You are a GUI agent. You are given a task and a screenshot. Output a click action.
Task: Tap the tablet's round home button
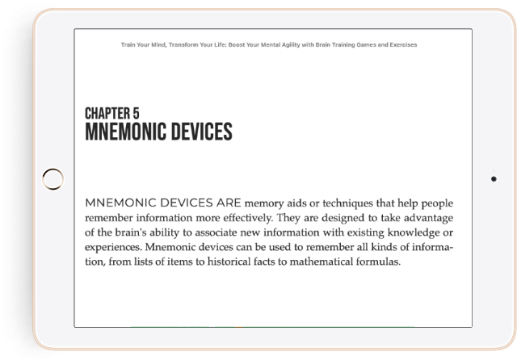coord(52,179)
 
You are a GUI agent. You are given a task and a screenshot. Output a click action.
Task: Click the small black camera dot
coord(494,178)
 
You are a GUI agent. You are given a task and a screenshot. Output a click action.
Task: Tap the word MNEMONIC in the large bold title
coord(124,131)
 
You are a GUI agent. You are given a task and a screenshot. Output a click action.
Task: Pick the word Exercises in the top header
coord(401,44)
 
